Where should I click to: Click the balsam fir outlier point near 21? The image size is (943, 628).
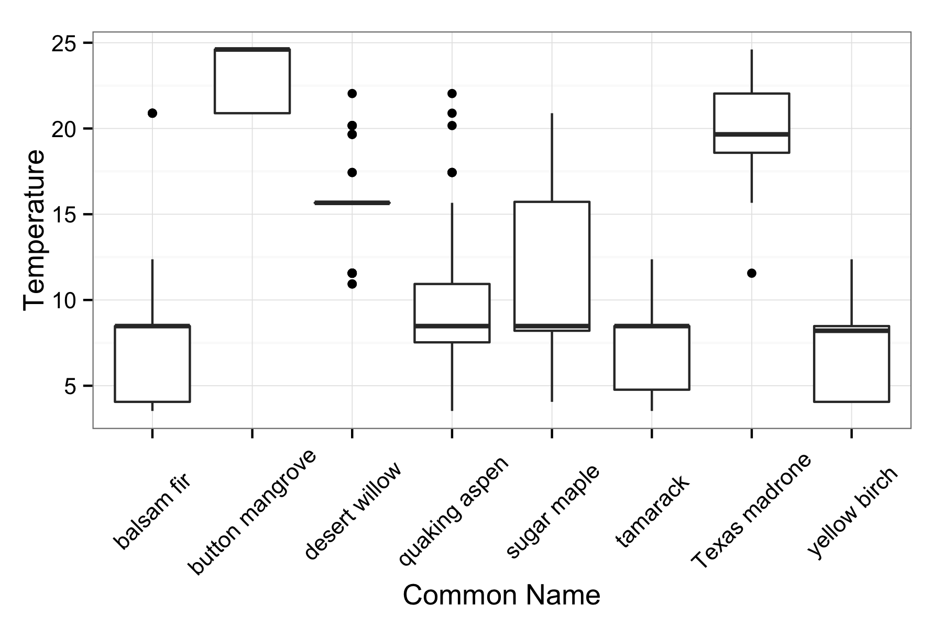point(152,113)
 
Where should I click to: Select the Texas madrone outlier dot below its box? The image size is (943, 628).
point(751,273)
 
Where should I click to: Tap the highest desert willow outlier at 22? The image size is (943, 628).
point(352,94)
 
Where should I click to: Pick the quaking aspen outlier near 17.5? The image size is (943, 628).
point(452,173)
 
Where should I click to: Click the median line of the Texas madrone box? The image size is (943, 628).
point(751,134)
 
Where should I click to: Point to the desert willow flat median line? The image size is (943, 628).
point(352,203)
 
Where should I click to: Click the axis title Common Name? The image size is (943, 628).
point(501,596)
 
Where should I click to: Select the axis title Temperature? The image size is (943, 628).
point(35,230)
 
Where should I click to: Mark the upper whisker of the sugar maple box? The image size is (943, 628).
point(552,157)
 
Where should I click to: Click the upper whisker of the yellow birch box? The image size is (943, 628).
point(851,292)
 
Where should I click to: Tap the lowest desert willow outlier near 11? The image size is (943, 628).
point(352,284)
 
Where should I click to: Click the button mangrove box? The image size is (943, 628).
point(252,81)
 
